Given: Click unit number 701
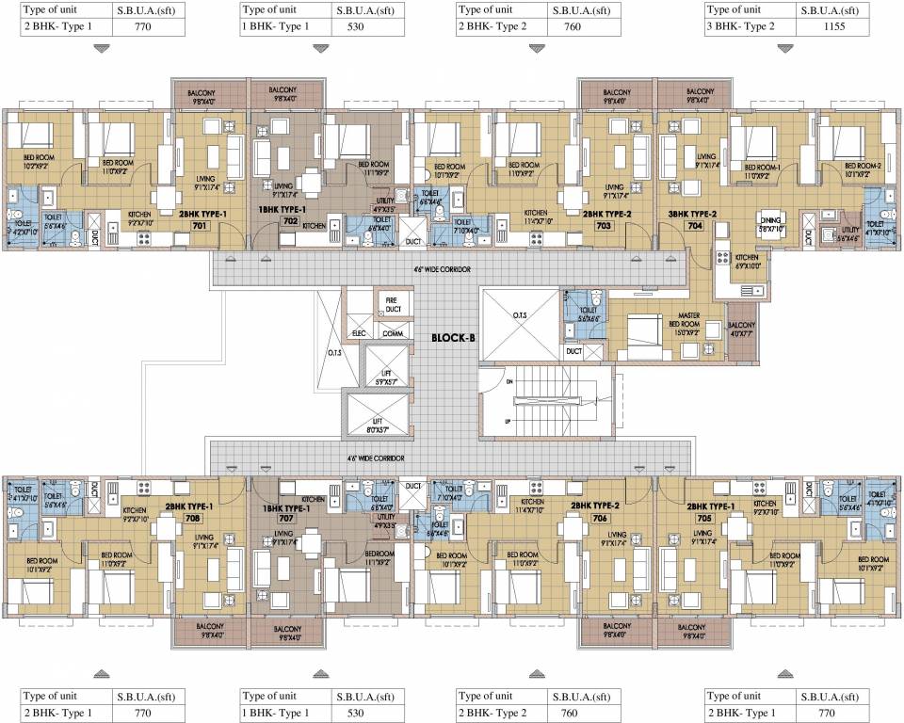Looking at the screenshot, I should (x=199, y=226).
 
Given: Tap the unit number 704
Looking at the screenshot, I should (x=695, y=226).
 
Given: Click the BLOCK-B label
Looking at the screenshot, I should (x=452, y=336).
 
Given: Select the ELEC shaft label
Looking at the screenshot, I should (x=359, y=333).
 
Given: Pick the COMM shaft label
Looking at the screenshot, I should (x=393, y=333).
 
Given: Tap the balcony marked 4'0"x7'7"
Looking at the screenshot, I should (x=742, y=329).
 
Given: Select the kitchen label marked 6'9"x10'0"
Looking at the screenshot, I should (x=748, y=261).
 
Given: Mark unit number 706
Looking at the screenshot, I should (x=600, y=518).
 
